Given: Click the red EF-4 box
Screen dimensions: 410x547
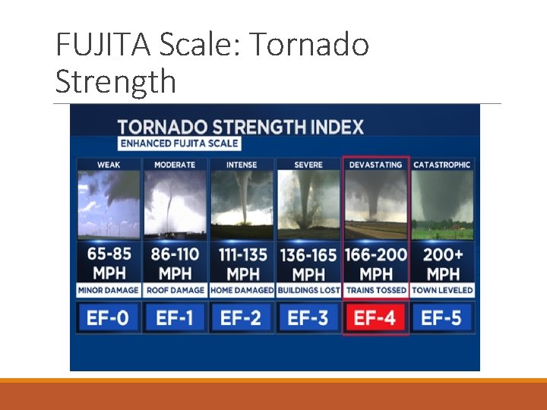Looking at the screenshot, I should tap(376, 317).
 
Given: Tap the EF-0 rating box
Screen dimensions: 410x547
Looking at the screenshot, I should tap(108, 317).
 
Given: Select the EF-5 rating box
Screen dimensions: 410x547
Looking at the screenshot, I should tap(442, 317).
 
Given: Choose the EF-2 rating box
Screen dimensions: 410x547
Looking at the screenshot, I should tap(242, 317).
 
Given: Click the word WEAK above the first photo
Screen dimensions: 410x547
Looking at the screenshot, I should tap(109, 165).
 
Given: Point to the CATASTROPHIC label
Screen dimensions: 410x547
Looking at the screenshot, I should tap(442, 165).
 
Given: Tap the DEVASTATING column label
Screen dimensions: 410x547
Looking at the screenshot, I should tap(376, 165).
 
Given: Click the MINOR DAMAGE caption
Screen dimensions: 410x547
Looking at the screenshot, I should tap(109, 290).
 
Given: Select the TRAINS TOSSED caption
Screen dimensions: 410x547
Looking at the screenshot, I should tap(376, 290).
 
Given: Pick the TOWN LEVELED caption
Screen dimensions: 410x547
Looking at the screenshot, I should tap(442, 290).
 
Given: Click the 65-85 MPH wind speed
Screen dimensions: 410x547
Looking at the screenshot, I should tap(109, 263).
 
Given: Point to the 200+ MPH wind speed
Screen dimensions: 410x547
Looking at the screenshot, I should tap(442, 263).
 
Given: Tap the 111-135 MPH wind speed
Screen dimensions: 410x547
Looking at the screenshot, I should tap(242, 263).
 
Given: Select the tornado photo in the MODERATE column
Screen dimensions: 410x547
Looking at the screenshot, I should tap(175, 203).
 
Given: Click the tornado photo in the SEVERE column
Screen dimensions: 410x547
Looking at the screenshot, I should tap(308, 203).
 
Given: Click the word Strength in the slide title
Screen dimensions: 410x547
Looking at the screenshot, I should tap(115, 80).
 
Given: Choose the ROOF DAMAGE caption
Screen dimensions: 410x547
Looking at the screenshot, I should tap(175, 290).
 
